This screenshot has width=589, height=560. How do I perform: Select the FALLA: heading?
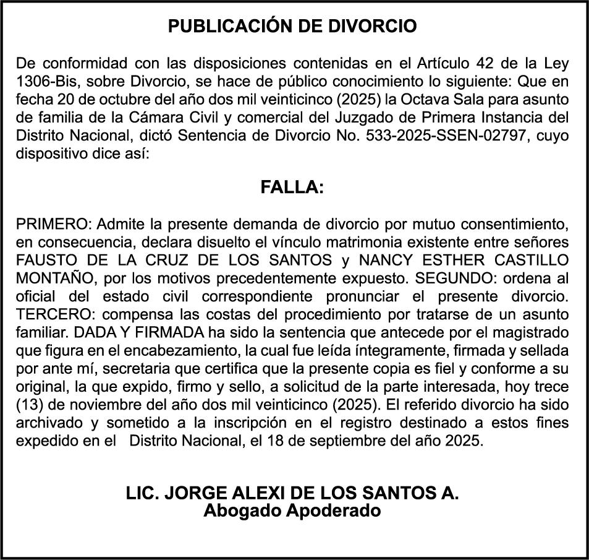click(x=292, y=187)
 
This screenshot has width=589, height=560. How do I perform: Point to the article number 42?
click(x=488, y=64)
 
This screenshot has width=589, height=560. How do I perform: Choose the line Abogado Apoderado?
click(x=292, y=511)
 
